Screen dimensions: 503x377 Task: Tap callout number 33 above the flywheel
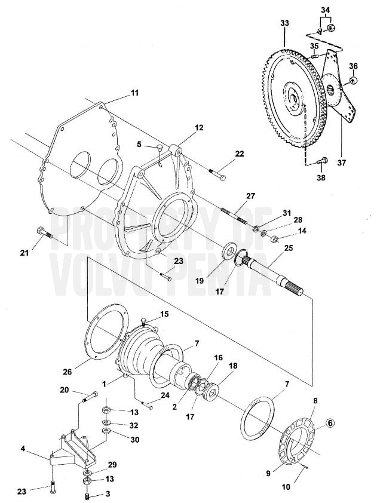tap(284, 23)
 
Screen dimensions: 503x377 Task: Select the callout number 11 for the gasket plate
tap(134, 93)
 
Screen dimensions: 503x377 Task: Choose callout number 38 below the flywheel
tap(321, 177)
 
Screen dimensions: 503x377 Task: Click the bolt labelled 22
tap(217, 175)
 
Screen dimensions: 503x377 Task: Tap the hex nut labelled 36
tap(353, 80)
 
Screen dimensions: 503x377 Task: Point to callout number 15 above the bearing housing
tap(165, 314)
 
